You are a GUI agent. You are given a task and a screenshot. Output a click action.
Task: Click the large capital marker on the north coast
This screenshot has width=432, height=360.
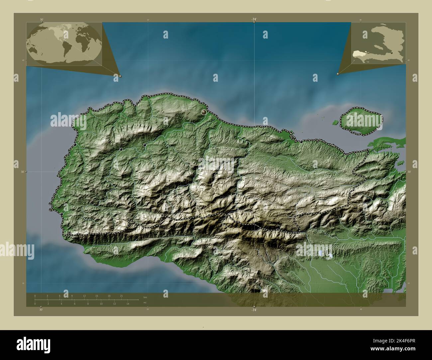(x=203, y=113)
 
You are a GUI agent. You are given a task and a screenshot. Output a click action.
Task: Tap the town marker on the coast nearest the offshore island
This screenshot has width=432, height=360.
(x=301, y=142)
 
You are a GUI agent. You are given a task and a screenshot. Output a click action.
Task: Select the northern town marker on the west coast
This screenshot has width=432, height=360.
(x=75, y=145)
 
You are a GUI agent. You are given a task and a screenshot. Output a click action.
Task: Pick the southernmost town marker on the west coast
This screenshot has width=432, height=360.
(x=62, y=214)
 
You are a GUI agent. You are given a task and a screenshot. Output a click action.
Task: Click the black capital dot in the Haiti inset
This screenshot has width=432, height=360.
(x=392, y=53)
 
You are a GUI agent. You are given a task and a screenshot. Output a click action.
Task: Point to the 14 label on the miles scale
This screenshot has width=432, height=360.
(x=127, y=304)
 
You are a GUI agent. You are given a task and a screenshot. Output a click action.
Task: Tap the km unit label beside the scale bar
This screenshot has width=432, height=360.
(x=145, y=297)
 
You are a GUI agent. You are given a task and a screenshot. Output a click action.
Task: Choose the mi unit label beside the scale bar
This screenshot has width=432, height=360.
(x=145, y=303)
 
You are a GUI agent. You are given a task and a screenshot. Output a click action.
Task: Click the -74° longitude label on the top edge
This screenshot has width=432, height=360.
(x=254, y=20)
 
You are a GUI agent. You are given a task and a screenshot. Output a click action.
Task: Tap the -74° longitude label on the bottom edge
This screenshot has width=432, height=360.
(x=254, y=310)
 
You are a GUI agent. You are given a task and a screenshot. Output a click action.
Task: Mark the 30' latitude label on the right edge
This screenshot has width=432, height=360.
(x=409, y=172)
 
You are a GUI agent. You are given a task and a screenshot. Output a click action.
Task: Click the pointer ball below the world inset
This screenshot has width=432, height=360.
(x=120, y=76)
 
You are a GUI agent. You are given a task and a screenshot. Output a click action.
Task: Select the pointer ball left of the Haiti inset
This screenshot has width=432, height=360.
(x=338, y=74)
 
